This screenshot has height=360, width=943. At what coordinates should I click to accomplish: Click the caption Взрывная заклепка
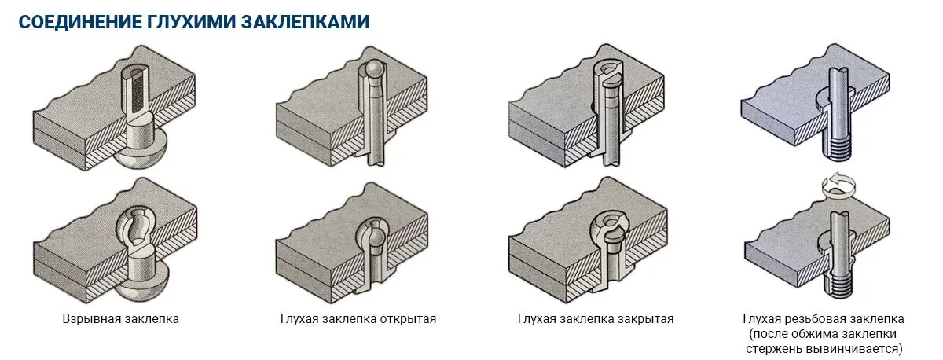[x=121, y=319]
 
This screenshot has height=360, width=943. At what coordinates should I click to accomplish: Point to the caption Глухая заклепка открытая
[x=358, y=319]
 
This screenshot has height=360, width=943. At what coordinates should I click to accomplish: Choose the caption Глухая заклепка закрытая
[x=595, y=319]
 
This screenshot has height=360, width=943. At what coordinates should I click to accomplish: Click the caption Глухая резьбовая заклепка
[x=823, y=319]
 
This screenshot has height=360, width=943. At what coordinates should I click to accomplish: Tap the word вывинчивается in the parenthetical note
[x=864, y=347]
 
